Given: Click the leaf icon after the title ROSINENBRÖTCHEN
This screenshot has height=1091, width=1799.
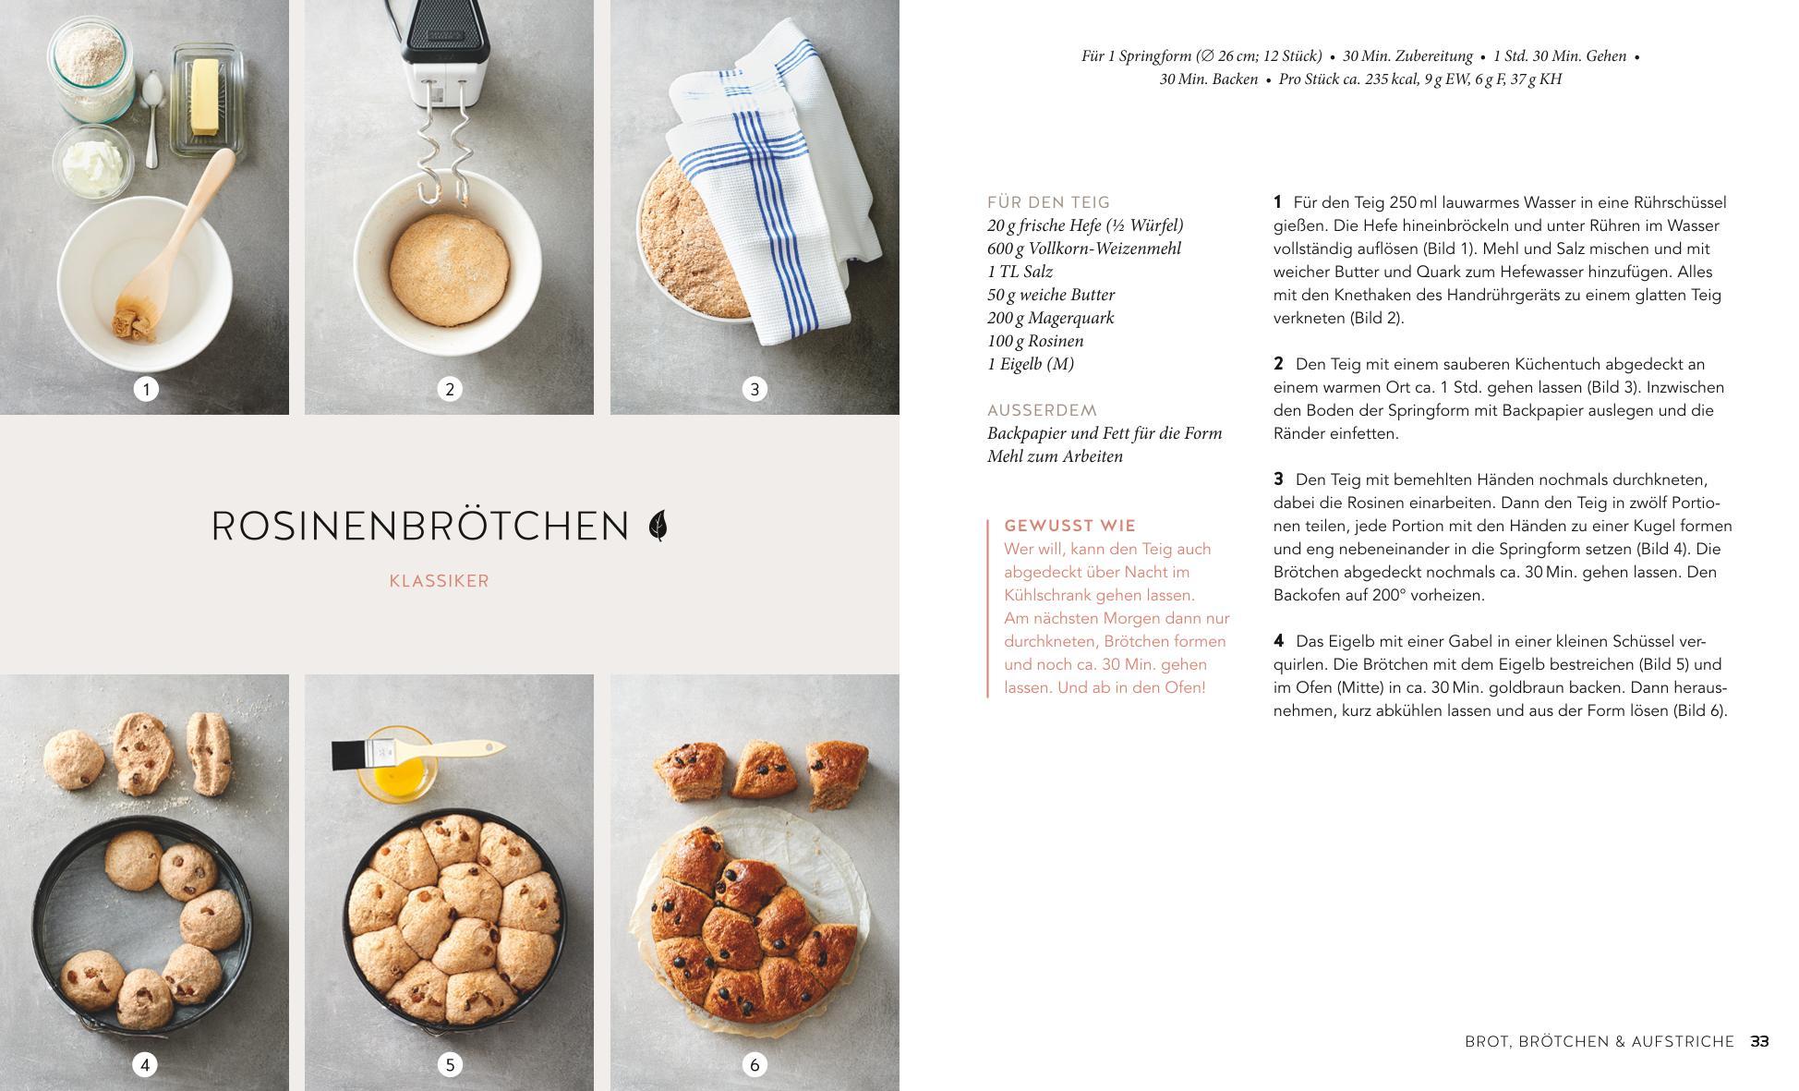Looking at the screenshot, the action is [x=658, y=526].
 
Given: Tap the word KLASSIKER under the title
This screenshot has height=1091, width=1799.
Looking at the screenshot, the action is [x=440, y=581].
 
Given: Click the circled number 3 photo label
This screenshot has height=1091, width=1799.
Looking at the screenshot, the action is [x=755, y=389].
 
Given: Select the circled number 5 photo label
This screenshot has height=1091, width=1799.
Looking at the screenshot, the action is [x=450, y=1064].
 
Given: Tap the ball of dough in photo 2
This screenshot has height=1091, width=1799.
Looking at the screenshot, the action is [x=449, y=256].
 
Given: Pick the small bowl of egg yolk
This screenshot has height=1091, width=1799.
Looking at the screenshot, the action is [x=399, y=765].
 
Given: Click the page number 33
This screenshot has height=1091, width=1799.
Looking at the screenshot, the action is [x=1759, y=1041].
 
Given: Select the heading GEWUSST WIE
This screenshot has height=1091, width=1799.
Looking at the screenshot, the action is [x=1069, y=526].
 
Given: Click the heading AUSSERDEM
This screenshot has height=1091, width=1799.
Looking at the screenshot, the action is [x=1042, y=410].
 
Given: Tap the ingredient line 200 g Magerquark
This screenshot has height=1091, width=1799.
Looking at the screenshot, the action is [x=1051, y=318].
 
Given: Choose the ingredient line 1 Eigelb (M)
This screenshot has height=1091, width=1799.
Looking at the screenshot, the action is [x=1031, y=364].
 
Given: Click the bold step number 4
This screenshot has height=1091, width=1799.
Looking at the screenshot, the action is [x=1279, y=641].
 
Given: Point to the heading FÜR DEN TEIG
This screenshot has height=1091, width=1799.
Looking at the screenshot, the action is [x=1049, y=202].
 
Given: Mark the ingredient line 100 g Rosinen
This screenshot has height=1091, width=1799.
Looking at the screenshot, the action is [x=1035, y=341].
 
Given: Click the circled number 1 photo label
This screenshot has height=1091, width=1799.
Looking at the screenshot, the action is [x=146, y=389].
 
